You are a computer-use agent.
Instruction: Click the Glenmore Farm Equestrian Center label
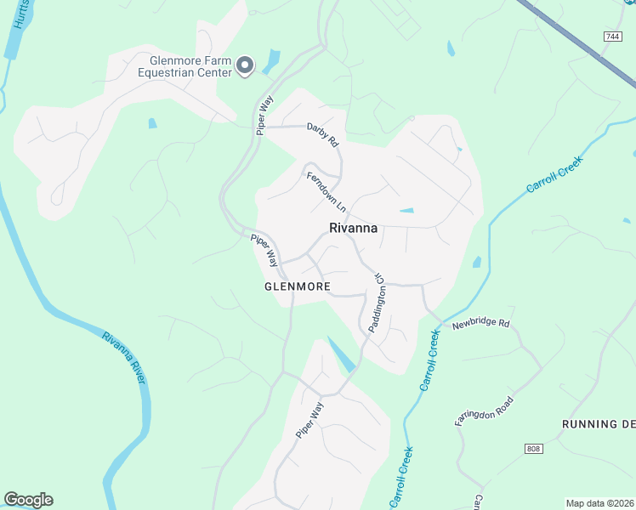point(190,66)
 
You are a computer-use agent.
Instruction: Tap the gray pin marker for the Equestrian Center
point(245,65)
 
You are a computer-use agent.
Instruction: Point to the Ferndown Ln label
point(327,190)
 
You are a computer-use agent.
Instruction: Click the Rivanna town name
point(353,228)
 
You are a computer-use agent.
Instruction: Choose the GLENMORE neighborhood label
point(297,286)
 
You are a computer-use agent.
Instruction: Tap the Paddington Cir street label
point(378,303)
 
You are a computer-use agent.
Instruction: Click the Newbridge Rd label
point(480,324)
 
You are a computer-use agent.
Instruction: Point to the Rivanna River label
point(123,358)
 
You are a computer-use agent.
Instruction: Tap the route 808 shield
point(533,447)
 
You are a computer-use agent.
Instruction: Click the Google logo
point(28,499)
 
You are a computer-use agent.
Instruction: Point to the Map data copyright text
point(599,503)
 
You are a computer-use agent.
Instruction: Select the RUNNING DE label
point(599,423)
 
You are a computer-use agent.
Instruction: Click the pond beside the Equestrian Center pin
point(271,61)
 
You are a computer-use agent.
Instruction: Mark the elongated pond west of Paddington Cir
point(341,354)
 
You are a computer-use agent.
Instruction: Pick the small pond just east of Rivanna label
point(406,211)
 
